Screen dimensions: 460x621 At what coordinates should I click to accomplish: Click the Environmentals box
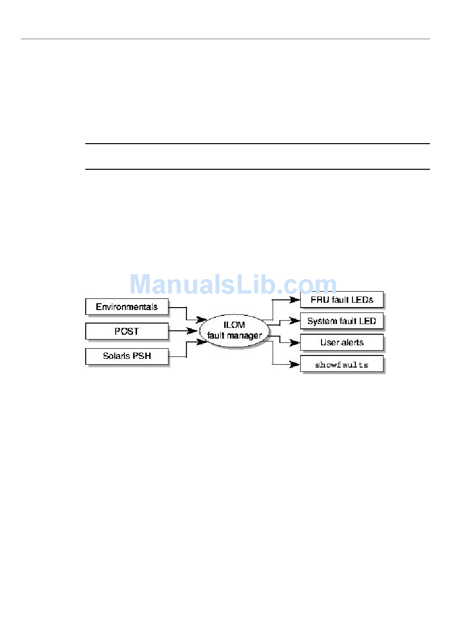coord(127,307)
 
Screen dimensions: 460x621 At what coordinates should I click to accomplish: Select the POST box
coord(127,331)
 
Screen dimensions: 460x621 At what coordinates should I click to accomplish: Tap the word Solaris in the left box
coord(116,356)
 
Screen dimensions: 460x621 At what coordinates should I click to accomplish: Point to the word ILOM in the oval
coord(234,325)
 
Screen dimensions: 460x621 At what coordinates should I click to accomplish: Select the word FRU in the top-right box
coord(321,300)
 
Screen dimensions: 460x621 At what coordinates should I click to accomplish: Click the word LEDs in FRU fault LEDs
coord(363,300)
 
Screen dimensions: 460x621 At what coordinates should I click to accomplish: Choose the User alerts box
coord(342,342)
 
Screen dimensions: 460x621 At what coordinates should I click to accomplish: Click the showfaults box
coord(342,365)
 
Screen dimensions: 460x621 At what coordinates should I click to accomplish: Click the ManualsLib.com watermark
coord(233,284)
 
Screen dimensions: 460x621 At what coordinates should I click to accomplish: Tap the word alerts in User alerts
coord(352,342)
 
